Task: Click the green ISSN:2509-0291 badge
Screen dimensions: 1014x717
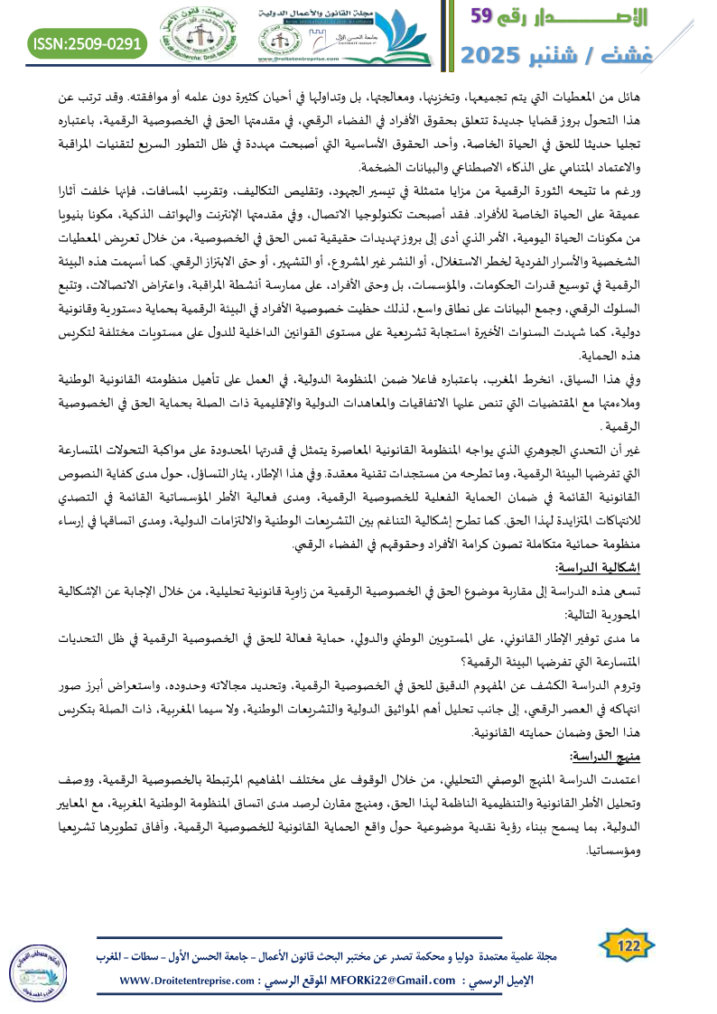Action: click(88, 42)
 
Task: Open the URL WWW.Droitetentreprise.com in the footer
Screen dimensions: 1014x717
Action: click(189, 981)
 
